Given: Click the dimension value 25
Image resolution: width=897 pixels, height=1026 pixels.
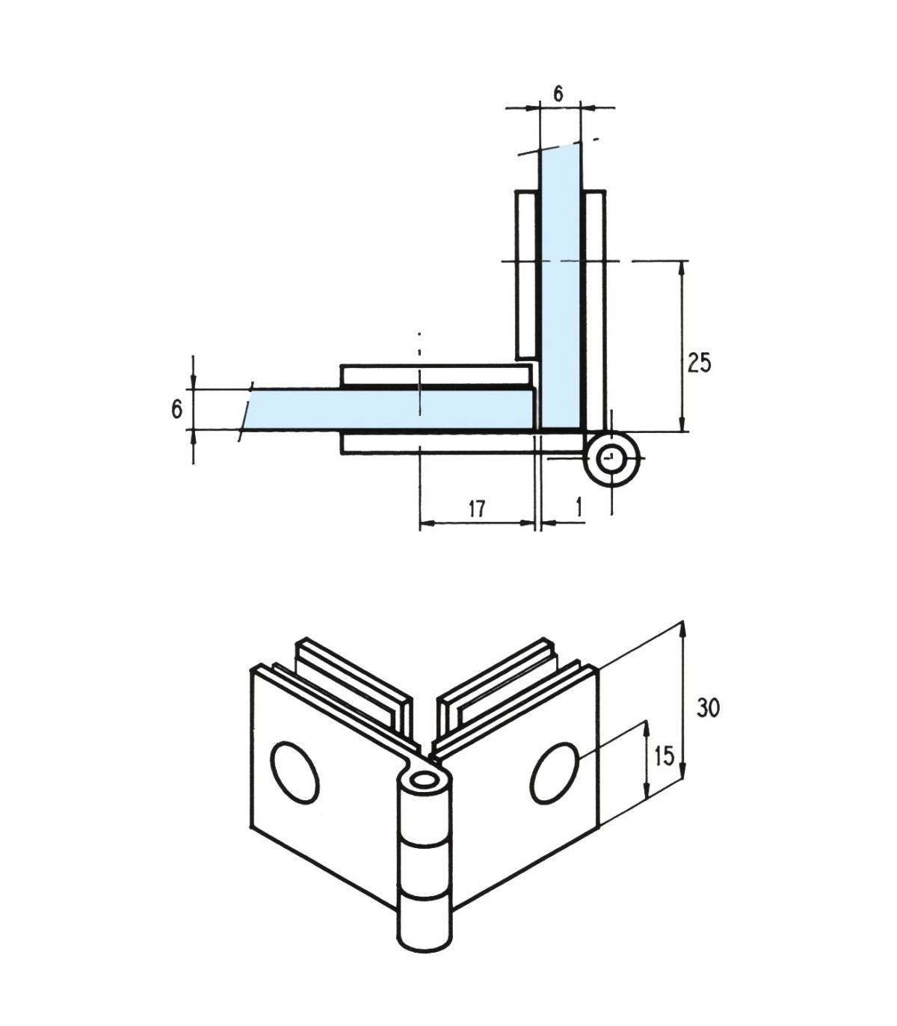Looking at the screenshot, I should click(700, 364).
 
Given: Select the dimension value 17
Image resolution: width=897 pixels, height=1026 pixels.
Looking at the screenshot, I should click(477, 509).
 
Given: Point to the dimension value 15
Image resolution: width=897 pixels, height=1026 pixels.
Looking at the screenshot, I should click(664, 756).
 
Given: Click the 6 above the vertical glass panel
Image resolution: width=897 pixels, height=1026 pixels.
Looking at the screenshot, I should click(558, 93).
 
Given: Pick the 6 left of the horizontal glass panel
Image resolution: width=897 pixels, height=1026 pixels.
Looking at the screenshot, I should click(176, 410).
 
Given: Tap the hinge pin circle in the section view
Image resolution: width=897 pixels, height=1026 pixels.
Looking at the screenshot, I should click(612, 458).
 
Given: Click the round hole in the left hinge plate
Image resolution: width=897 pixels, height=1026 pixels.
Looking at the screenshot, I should click(295, 772).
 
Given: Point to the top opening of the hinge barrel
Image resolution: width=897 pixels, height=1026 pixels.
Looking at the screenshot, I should click(427, 780).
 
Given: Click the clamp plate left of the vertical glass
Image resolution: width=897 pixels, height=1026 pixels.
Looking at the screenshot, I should click(526, 274).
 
